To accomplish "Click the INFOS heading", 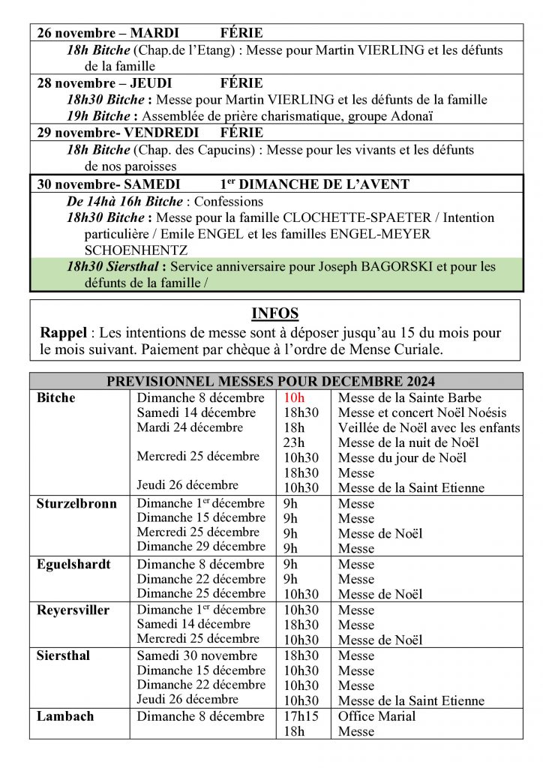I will pos(274,313).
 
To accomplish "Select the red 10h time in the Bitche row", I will pos(294,397).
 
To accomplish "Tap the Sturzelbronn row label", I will pos(76,503).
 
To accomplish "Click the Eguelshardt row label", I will pos(74,564).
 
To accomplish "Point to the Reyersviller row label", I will pos(73,610).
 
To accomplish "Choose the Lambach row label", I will pos(65,716).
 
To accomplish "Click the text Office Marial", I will pos(377,716).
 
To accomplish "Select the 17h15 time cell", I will pos(301,716).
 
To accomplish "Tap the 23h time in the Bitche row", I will pos(294,442).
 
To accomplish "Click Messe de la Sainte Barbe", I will pos(409,397).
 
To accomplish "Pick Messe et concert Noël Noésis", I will pos(422,412).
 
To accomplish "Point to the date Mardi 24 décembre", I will pos(190,427).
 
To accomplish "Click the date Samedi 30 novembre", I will pos(197,655).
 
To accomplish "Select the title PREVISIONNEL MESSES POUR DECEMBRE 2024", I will pos(271,381).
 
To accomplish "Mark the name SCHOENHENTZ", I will pos(136,249).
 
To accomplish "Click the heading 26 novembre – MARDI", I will pos(108,33).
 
